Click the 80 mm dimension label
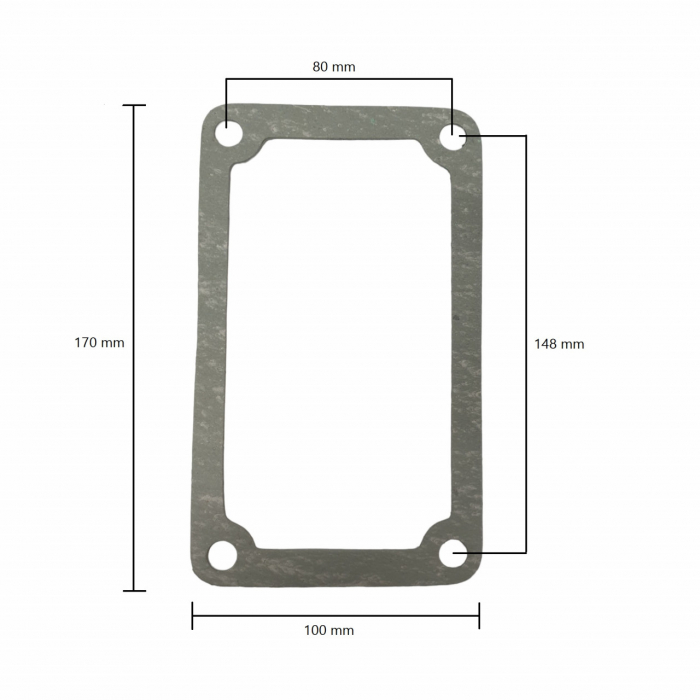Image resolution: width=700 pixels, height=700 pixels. click(x=334, y=67)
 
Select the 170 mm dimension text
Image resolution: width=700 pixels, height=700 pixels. click(x=99, y=342)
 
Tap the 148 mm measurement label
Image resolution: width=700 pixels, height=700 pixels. click(x=559, y=344)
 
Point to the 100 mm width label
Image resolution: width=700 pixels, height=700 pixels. click(x=329, y=630)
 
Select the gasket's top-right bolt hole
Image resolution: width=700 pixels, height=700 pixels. click(x=454, y=138)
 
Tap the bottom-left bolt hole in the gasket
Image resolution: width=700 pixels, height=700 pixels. click(x=221, y=555)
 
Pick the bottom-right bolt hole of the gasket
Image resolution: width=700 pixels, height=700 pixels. click(x=453, y=552)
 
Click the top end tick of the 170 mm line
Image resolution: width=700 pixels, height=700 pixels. click(x=134, y=105)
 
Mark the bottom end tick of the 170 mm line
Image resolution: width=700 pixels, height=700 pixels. click(x=134, y=590)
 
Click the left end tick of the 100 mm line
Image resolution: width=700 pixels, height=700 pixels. click(x=192, y=615)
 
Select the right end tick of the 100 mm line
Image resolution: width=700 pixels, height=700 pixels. click(x=479, y=615)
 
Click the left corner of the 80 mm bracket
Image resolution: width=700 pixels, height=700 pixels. click(x=226, y=79)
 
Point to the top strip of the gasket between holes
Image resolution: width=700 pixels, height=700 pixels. click(x=340, y=123)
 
